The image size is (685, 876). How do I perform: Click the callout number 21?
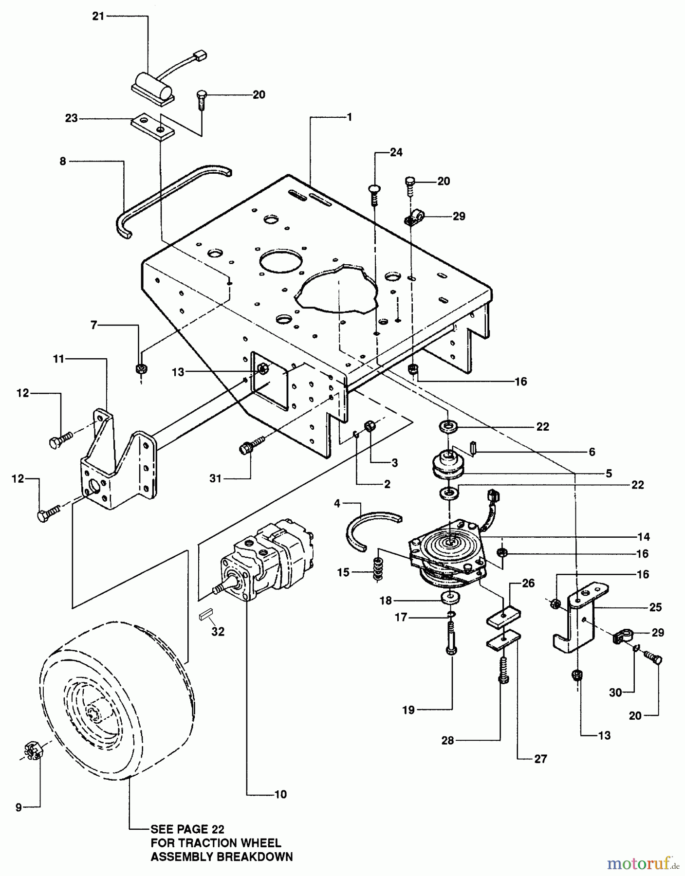pos(98,17)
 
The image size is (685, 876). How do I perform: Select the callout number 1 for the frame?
pos(349,117)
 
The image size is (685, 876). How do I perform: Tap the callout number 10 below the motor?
pos(281,794)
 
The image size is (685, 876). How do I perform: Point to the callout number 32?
pos(218,632)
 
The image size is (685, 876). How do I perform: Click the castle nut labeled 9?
pos(31,751)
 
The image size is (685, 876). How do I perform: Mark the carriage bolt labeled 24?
pos(374,196)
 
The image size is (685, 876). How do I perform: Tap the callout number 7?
pos(94,325)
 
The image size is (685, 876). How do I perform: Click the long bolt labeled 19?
pos(451,639)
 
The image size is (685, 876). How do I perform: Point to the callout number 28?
pos(447,741)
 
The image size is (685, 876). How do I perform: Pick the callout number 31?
pos(216,479)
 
